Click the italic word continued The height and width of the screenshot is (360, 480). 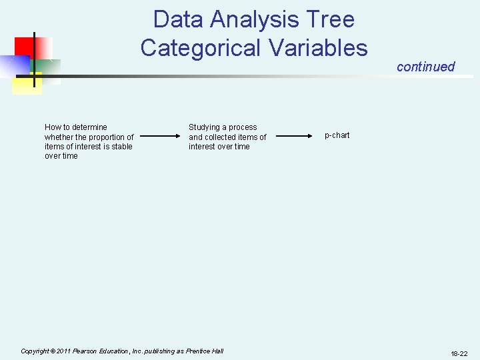pos(425,67)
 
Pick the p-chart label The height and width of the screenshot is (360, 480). pos(337,135)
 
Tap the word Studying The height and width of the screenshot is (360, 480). pos(204,127)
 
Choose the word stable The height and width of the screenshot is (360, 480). pos(121,147)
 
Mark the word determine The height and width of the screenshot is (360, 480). pos(90,127)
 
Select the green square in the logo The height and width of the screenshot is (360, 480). pos(45,69)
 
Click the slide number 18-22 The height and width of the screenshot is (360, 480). pos(459,353)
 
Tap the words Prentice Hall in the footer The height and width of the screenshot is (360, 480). pos(205,351)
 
